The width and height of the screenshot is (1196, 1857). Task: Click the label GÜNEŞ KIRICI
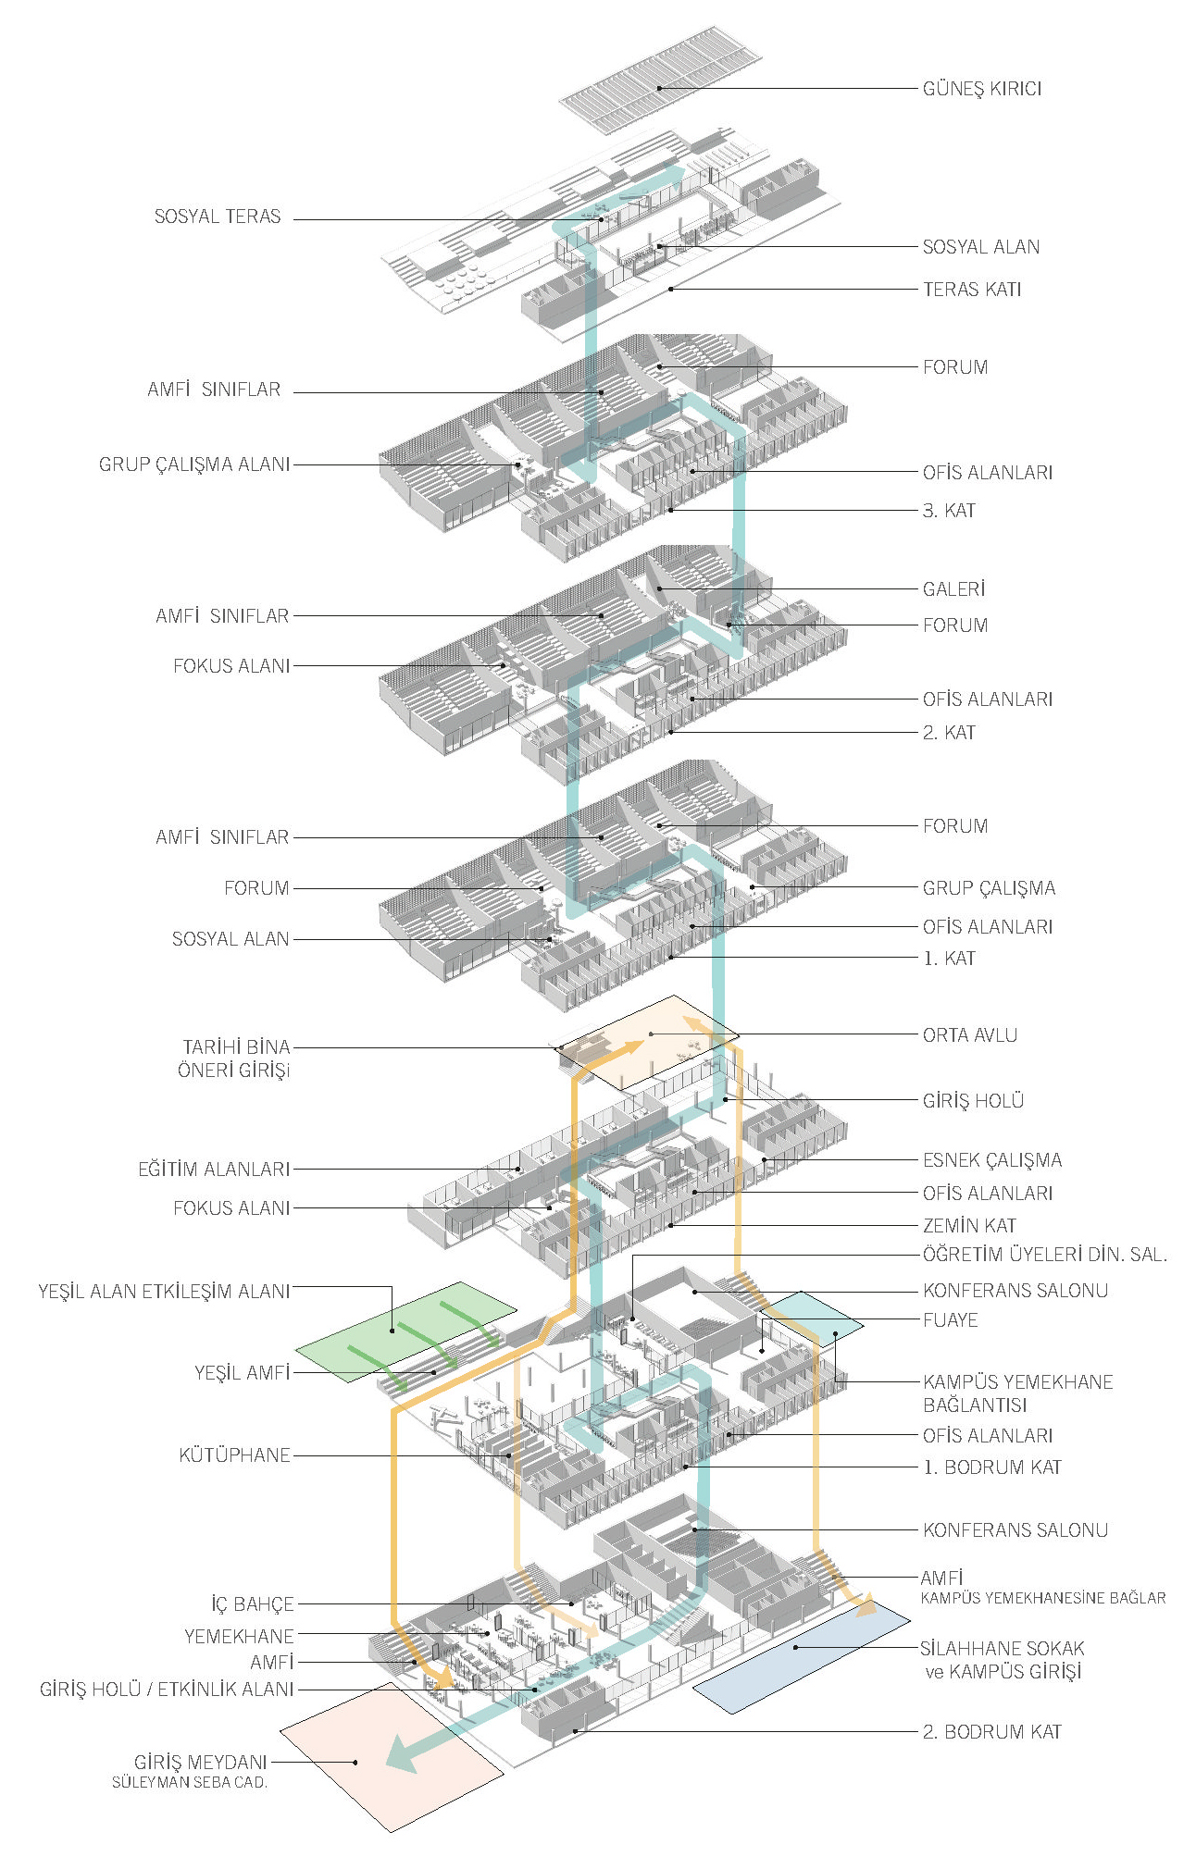coord(981,89)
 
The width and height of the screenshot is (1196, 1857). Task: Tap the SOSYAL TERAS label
coord(217,217)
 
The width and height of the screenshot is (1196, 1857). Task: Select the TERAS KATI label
coord(971,290)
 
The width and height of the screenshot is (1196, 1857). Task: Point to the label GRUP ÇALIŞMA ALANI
coord(194,464)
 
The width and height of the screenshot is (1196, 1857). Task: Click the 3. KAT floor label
coord(948,511)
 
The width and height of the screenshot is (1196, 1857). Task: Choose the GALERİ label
coord(953,589)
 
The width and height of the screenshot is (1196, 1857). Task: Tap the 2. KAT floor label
coord(948,733)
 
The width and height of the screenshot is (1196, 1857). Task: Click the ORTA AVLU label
coord(969,1035)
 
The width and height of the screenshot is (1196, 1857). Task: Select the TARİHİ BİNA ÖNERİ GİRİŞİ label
coord(235,1058)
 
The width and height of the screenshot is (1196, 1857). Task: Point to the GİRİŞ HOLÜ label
coord(973,1101)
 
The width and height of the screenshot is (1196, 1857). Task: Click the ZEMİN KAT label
coord(969,1226)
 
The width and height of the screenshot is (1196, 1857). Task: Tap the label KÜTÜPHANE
coord(234,1455)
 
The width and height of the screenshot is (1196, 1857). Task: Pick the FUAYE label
coord(950,1320)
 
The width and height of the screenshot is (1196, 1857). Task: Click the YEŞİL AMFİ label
coord(242,1373)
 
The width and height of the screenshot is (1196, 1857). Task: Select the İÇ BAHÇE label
coord(252,1604)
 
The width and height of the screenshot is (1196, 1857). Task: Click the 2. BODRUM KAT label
coord(991,1732)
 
